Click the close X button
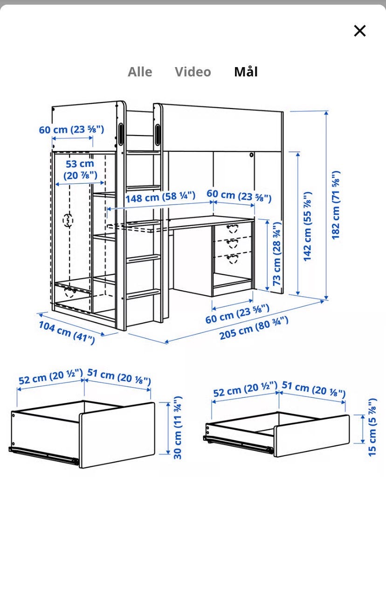click(x=360, y=31)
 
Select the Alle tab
click(x=140, y=72)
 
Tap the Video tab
click(x=193, y=72)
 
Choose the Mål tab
click(x=246, y=71)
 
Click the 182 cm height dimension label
click(x=336, y=205)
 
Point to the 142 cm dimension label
click(x=307, y=226)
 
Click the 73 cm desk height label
click(x=276, y=253)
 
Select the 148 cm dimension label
click(x=160, y=197)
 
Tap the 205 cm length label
click(x=254, y=328)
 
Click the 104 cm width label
click(x=67, y=333)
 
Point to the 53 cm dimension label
click(x=80, y=170)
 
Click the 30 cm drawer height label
click(x=178, y=428)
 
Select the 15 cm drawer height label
click(x=372, y=427)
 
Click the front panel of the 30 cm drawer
click(x=117, y=436)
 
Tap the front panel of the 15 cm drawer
click(x=311, y=436)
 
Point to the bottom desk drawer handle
click(x=232, y=259)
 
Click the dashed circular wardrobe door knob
click(x=68, y=220)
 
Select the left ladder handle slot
click(x=121, y=134)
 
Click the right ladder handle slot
click(x=158, y=134)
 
